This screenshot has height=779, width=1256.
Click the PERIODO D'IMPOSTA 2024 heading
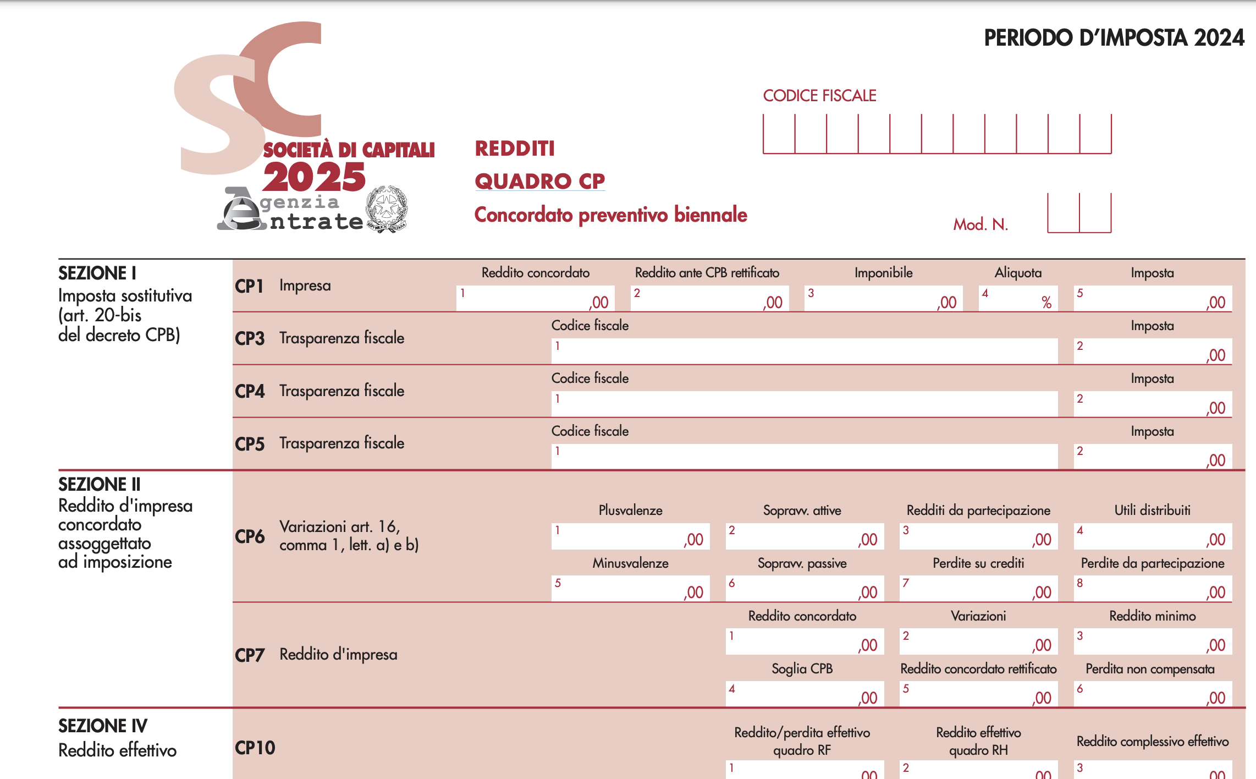(1114, 38)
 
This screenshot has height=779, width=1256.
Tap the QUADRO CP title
(539, 181)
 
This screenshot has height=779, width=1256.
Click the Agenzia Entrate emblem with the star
(387, 209)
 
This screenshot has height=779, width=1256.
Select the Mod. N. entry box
(1079, 213)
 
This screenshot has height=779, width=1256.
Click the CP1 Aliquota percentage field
(1018, 298)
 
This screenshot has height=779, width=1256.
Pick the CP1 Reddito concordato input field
(535, 298)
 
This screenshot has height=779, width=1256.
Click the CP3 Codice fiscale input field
(804, 351)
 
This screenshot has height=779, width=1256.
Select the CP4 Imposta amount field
(1152, 404)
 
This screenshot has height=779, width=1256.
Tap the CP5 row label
(250, 444)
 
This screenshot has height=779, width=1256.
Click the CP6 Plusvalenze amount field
(630, 536)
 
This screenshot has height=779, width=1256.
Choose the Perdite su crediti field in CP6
(978, 589)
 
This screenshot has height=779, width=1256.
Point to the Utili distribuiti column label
(1152, 510)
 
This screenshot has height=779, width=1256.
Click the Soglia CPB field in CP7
(804, 694)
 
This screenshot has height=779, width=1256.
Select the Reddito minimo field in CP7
(1152, 641)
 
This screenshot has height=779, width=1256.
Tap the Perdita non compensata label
(1150, 668)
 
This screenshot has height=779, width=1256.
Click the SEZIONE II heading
(100, 484)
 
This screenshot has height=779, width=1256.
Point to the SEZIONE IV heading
(103, 726)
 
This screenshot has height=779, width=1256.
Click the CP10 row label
(255, 748)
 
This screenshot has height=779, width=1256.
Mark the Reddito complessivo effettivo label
(1152, 741)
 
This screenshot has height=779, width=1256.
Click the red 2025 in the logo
(314, 177)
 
